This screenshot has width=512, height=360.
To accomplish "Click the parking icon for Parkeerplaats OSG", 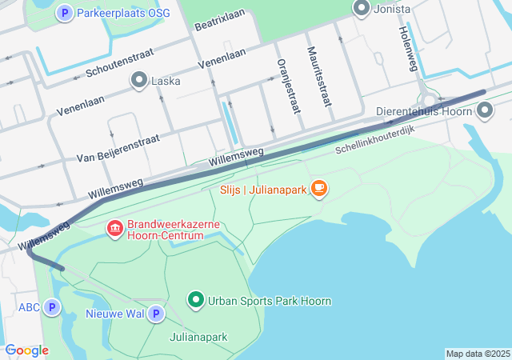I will point(66,14).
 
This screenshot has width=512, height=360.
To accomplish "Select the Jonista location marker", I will point(361,9).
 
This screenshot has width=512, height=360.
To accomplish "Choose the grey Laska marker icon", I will point(139,81).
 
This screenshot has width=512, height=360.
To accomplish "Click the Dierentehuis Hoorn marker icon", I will point(485,113).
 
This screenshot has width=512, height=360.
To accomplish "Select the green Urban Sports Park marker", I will point(196,301).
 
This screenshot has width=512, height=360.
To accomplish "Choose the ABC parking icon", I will point(52,307).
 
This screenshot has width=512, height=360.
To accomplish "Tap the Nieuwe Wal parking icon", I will point(155,314).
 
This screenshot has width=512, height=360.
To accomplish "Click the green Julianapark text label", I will point(198,337).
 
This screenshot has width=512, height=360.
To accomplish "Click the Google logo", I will point(26,350).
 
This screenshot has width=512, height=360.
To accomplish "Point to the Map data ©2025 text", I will point(477,354).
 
